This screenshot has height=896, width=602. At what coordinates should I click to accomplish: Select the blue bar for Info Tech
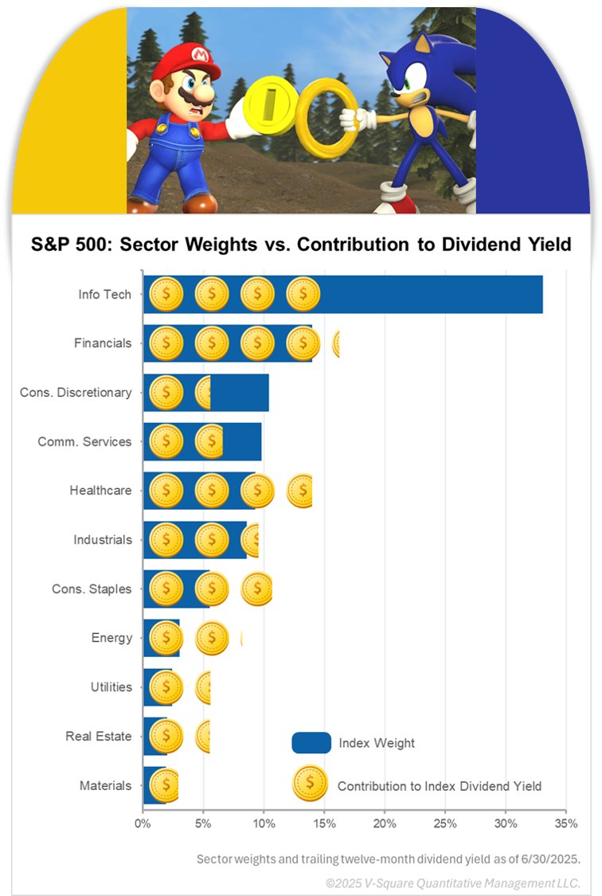430,295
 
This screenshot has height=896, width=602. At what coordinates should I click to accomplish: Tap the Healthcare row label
100,491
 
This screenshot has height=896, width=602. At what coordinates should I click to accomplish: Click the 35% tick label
565,822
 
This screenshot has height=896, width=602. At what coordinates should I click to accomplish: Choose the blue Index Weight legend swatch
311,743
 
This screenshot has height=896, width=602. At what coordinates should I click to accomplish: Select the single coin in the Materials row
165,785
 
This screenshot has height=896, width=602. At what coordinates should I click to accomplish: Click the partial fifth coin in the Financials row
336,344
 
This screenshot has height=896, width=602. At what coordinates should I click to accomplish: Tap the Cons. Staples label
92,589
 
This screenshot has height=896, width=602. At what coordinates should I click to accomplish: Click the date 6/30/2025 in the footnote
551,859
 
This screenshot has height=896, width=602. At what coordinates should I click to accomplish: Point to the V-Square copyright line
452,883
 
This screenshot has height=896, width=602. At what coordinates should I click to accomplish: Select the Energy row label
111,638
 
